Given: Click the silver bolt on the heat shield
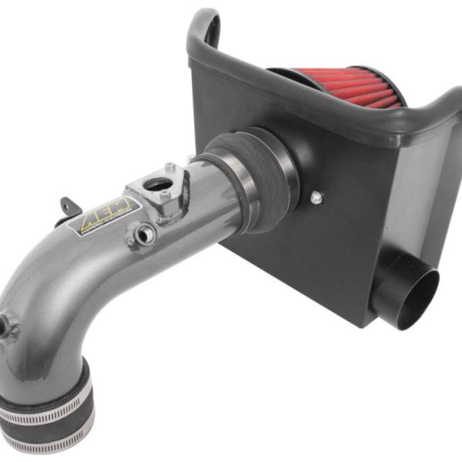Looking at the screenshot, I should point(316,198).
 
